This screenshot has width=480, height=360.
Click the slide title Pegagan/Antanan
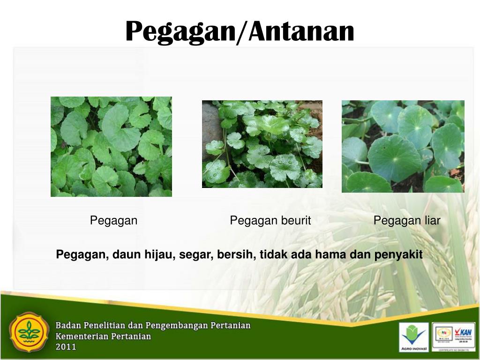(240, 32)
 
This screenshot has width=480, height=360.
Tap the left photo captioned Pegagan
(111, 146)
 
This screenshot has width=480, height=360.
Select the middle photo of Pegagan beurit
(262, 144)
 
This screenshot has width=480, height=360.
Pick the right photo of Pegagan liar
(403, 146)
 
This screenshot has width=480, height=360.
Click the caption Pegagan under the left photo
(113, 221)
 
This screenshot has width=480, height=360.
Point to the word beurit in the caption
(295, 221)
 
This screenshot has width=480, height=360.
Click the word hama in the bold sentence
(328, 255)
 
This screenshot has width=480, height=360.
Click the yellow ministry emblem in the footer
(29, 332)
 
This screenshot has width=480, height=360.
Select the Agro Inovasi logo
(413, 337)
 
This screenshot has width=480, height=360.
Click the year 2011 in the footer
(66, 347)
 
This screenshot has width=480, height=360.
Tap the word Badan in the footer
(68, 325)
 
